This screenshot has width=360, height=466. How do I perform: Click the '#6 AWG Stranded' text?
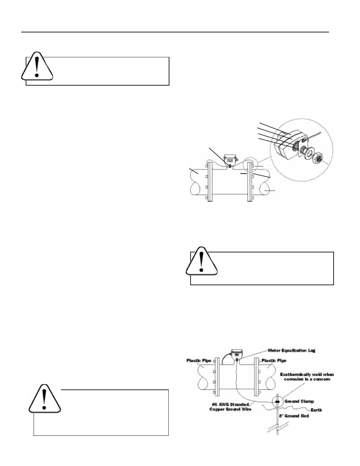pos(230,404)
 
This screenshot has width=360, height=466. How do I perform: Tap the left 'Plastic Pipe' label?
pos(199,361)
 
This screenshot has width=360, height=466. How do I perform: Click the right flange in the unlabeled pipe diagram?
pos(249,181)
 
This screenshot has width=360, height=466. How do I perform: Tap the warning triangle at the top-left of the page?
pos(37,66)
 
